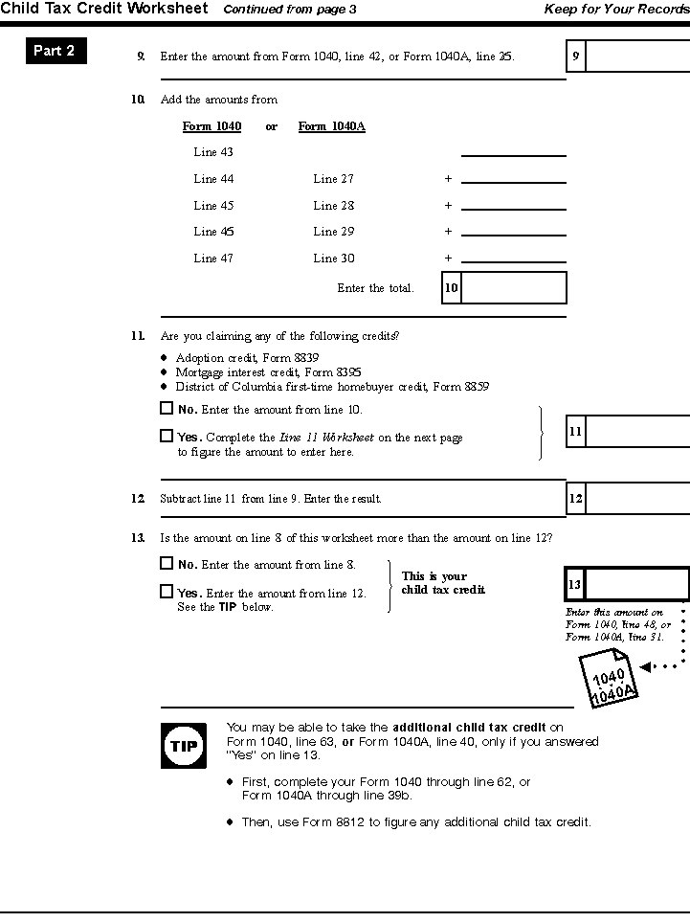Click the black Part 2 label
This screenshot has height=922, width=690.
[56, 51]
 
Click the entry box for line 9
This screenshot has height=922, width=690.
[636, 56]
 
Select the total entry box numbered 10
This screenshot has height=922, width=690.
[513, 288]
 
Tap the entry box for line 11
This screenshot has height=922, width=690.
[636, 432]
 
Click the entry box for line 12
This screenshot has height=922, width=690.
[636, 499]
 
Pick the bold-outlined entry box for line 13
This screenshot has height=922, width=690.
[635, 584]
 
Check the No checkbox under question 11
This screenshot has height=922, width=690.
[167, 409]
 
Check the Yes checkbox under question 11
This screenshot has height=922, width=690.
[167, 436]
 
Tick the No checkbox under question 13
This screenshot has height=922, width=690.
[167, 564]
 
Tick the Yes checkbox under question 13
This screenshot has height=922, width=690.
[167, 592]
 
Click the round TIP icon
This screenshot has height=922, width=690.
[183, 745]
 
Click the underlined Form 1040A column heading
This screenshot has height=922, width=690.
[331, 126]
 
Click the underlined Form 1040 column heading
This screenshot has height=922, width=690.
[211, 126]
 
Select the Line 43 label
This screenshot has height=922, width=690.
[213, 152]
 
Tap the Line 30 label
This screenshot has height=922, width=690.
[333, 259]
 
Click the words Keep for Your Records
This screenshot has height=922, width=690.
[616, 10]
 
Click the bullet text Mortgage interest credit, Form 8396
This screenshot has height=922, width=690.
[269, 372]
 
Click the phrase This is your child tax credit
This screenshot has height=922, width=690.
[442, 583]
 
